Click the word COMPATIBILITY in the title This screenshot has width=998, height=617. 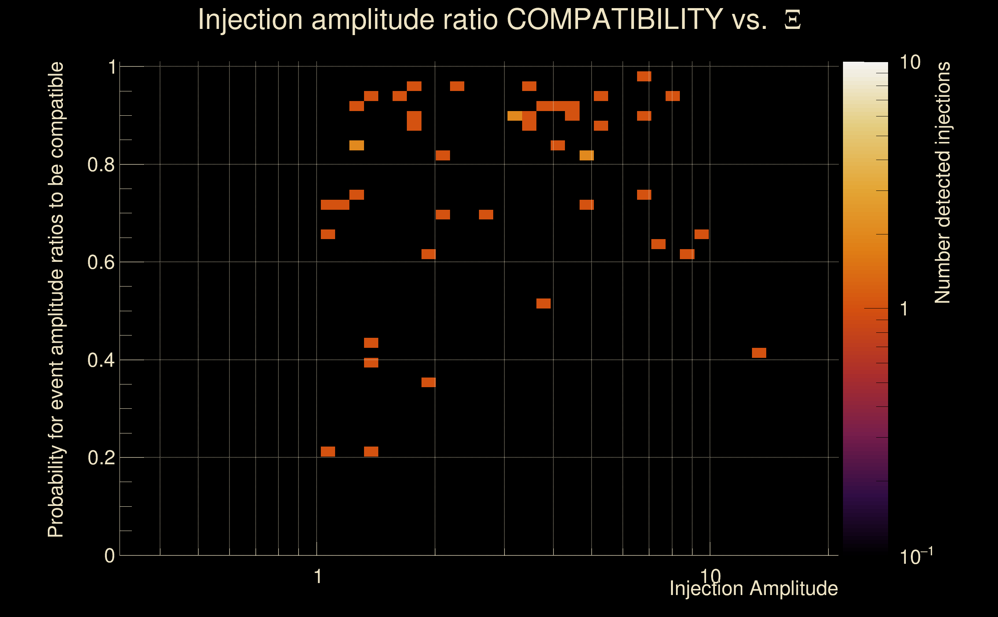pyautogui.click(x=614, y=19)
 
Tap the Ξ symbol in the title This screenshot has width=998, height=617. pyautogui.click(x=792, y=20)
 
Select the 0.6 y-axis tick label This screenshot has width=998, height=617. pyautogui.click(x=101, y=262)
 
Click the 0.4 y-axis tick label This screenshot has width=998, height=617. pyautogui.click(x=101, y=360)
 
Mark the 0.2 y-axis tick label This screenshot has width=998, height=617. pyautogui.click(x=101, y=457)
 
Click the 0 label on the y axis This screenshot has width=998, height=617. pyautogui.click(x=110, y=555)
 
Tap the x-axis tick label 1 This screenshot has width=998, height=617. pyautogui.click(x=318, y=577)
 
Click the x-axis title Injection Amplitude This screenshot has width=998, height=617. pyautogui.click(x=754, y=588)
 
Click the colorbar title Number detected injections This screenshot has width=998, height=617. pyautogui.click(x=942, y=182)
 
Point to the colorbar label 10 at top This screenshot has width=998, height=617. pyautogui.click(x=910, y=62)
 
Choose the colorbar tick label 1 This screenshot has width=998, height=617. pyautogui.click(x=904, y=309)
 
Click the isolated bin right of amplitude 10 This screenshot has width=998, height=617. pyautogui.click(x=759, y=352)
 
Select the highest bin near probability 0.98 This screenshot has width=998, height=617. pyautogui.click(x=644, y=76)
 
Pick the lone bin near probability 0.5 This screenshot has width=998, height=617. pyautogui.click(x=543, y=303)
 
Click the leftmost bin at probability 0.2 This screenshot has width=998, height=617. pyautogui.click(x=328, y=451)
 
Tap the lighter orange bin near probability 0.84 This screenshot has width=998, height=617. pyautogui.click(x=357, y=145)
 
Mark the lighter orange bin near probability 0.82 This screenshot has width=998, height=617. pyautogui.click(x=586, y=155)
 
